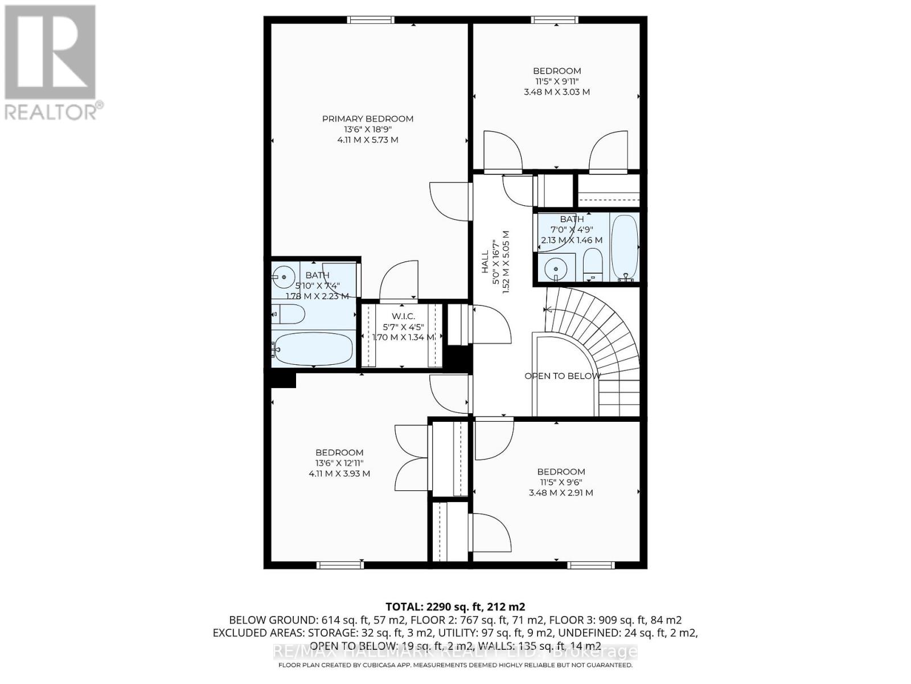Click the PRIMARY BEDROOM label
368,119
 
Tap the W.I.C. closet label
403,316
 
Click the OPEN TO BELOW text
562,376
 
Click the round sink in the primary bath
282,278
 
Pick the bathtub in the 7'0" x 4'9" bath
624,248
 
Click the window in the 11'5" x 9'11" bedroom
555,20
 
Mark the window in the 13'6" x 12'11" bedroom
340,565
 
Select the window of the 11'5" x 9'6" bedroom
592,565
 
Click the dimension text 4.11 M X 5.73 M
368,140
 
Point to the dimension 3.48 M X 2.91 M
561,492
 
